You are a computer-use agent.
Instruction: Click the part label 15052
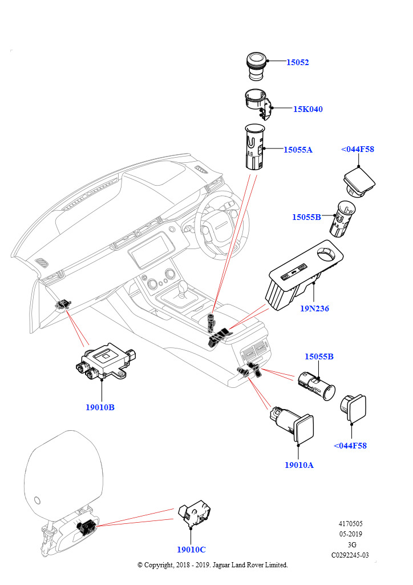(297, 62)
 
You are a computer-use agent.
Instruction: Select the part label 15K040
(308, 109)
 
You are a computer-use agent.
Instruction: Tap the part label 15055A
(298, 150)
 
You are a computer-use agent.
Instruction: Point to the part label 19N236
(314, 308)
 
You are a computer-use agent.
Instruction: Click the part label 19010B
(100, 407)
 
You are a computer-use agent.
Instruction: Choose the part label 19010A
(299, 464)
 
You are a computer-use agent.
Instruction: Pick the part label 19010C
(191, 550)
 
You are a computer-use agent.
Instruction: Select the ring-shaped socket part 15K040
(257, 105)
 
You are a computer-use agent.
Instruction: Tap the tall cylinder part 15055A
(253, 147)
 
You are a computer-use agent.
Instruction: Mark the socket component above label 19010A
(291, 425)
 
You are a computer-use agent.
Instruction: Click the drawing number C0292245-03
(350, 555)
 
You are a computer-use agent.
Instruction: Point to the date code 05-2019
(350, 534)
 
